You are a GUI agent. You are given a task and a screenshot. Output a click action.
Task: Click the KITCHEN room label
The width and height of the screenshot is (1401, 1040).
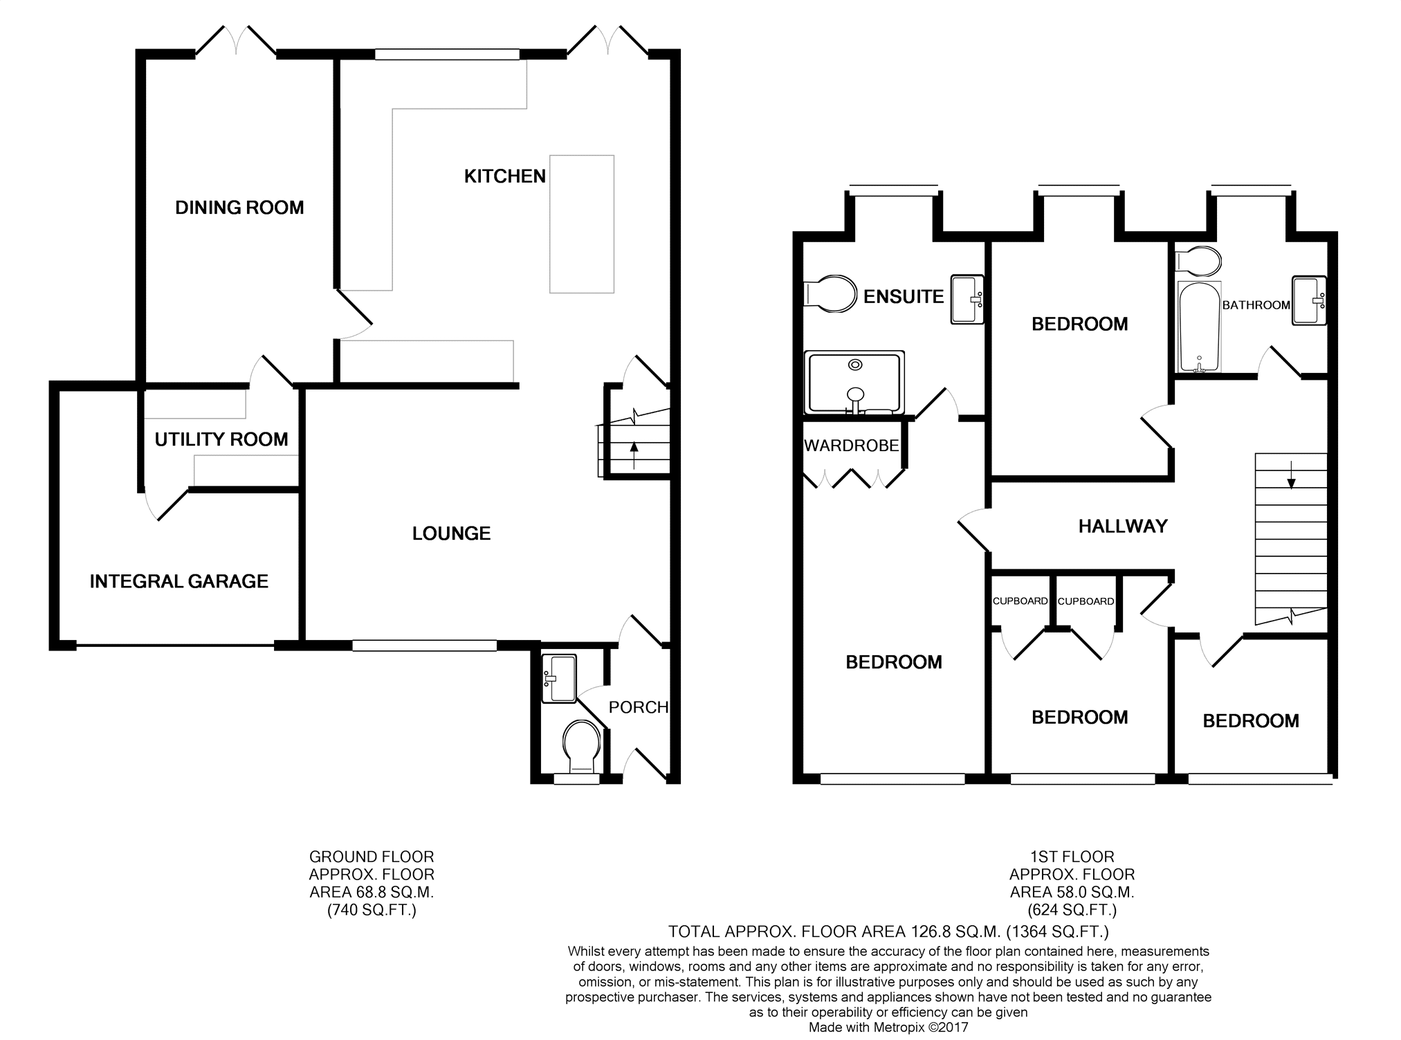[505, 176]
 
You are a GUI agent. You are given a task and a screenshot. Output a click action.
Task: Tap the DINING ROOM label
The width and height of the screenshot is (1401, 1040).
[239, 208]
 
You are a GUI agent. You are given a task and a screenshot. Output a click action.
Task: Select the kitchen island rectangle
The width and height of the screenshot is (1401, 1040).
[582, 223]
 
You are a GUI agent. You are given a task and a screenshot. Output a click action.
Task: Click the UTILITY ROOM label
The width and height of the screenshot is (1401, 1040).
[221, 439]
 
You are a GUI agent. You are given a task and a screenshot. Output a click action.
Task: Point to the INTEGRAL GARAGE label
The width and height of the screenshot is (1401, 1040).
[179, 581]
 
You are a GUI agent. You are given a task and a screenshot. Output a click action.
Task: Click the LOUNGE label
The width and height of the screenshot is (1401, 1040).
[452, 533]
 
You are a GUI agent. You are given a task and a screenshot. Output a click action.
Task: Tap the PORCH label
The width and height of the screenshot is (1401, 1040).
[639, 707]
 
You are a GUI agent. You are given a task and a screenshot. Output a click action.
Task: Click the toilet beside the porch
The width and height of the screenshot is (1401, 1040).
[581, 748]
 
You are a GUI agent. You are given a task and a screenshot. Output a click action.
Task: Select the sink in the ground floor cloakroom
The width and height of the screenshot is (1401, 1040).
[559, 679]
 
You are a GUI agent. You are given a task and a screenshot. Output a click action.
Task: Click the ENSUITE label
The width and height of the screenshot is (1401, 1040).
[904, 297]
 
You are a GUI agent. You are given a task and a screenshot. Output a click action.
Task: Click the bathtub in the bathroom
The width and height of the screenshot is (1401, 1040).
[1199, 327]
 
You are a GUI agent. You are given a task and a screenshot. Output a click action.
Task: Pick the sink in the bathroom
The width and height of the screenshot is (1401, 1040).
[1310, 300]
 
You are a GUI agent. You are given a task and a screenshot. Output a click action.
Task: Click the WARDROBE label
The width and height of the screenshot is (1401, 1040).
[852, 446]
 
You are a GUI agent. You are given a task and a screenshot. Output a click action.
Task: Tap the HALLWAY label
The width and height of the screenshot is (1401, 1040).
[1123, 527]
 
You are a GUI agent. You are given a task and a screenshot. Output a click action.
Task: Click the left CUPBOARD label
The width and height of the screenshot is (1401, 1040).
[1020, 601]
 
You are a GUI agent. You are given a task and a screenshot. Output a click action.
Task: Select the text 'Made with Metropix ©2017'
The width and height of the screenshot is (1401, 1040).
[888, 1028]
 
